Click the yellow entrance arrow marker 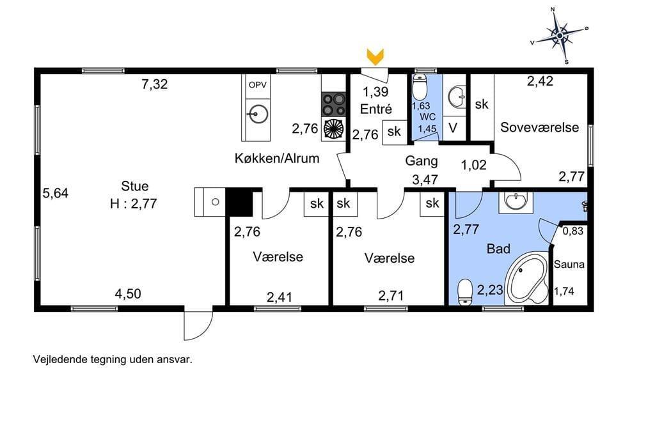(375, 57)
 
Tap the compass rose (560, 36)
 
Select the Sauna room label (569, 265)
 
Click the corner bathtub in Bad (527, 277)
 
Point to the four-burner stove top (334, 104)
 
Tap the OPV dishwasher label (257, 85)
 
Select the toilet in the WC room (419, 88)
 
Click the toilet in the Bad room (464, 292)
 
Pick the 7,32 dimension (155, 84)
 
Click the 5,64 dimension (56, 193)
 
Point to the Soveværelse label (539, 127)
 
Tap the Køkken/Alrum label (277, 159)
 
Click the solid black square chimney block (239, 202)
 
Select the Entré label (376, 109)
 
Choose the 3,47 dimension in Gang (425, 180)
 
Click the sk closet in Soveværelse (482, 104)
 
